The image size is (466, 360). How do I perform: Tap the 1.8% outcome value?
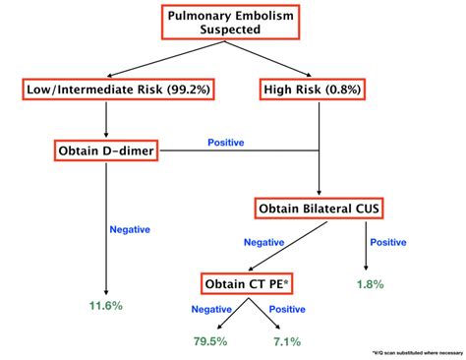pos(369,284)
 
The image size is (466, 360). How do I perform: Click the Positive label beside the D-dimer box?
pos(226,143)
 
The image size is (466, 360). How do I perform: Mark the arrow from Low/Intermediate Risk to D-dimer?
pos(106,119)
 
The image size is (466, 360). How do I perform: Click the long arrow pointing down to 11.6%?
pos(106,226)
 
